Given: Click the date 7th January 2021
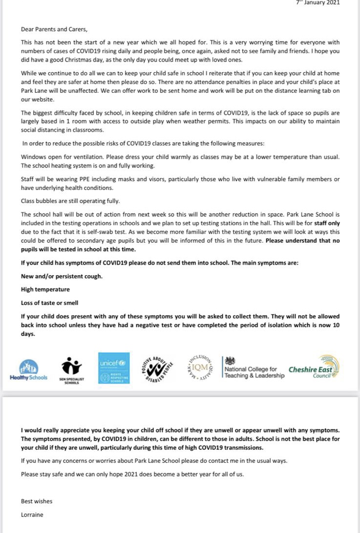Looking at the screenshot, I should (x=318, y=2).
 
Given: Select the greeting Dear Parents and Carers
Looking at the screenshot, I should (x=54, y=29).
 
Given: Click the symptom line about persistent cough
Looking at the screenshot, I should (x=62, y=276).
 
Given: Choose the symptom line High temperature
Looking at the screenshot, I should (x=45, y=289).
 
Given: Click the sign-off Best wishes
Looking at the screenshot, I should (x=37, y=501).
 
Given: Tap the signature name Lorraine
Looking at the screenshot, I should (x=33, y=514).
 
